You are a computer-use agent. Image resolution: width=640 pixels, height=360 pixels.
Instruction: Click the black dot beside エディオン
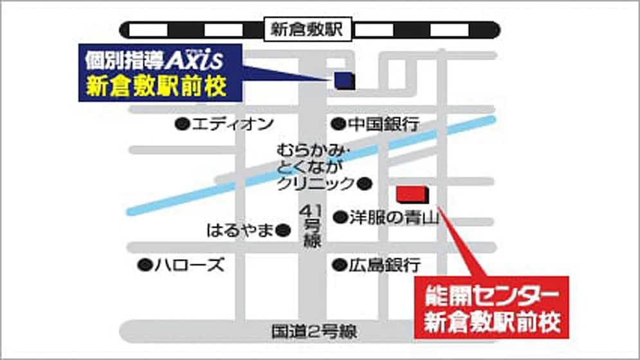click(183, 124)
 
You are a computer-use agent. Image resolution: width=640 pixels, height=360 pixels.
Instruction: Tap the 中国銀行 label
click(383, 123)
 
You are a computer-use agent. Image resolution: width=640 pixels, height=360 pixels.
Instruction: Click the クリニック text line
click(315, 184)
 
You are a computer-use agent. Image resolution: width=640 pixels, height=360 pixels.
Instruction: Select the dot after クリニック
click(365, 184)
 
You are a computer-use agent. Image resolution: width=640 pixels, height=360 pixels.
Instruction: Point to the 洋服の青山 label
click(394, 218)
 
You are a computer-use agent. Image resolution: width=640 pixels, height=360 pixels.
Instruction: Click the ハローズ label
click(189, 264)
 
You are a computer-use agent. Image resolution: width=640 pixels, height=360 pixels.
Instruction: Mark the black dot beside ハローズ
click(145, 264)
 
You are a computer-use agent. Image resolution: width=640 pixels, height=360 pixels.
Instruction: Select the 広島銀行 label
click(385, 264)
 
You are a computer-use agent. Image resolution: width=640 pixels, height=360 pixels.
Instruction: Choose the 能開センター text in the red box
click(488, 298)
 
